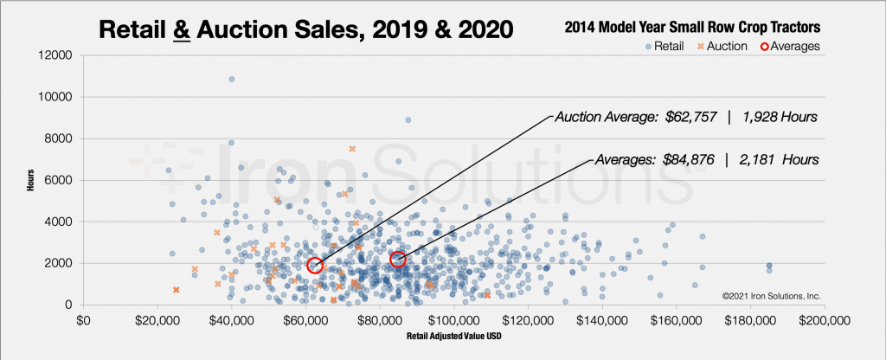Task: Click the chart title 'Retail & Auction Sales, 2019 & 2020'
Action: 306,29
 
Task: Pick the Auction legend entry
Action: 721,46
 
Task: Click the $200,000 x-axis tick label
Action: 821,321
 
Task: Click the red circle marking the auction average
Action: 315,265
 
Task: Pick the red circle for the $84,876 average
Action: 398,260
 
